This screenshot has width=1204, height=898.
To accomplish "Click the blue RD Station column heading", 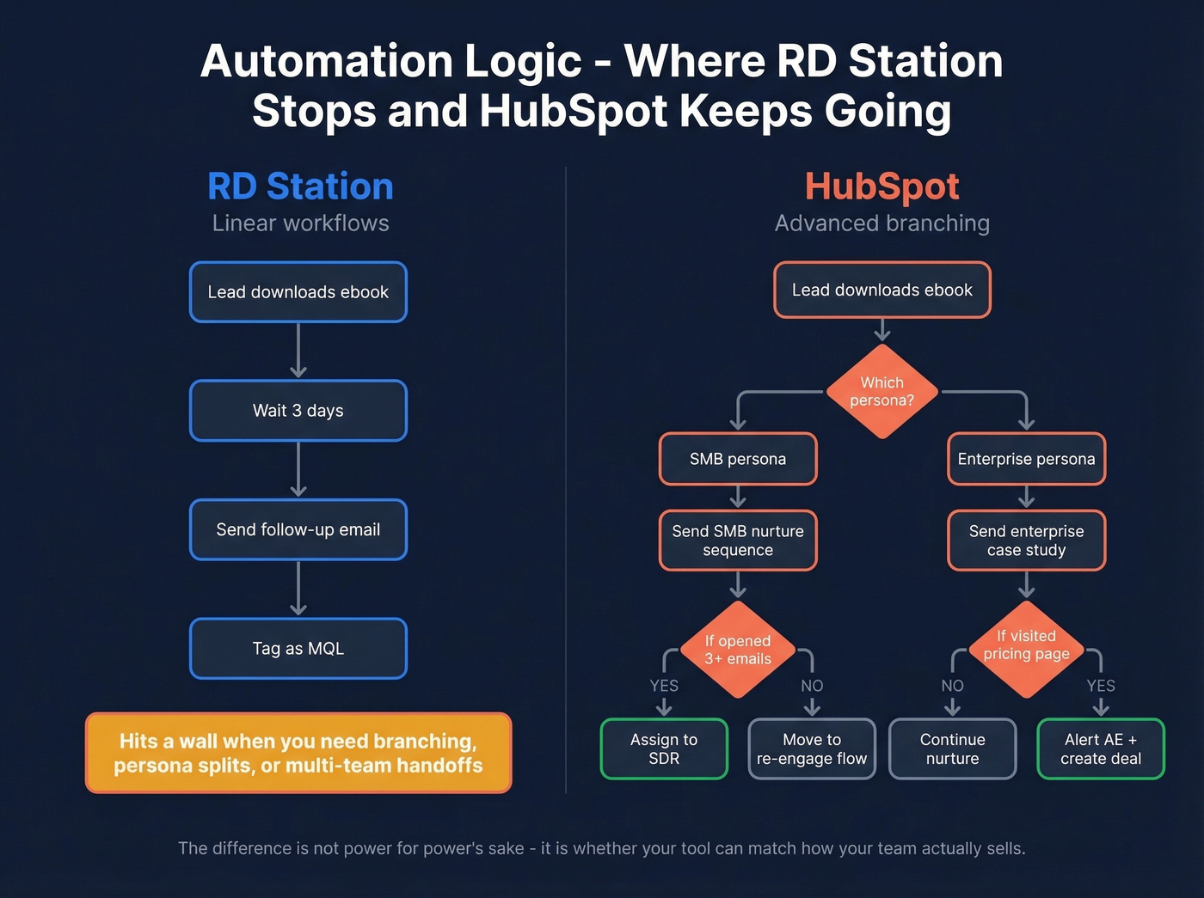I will (x=300, y=186).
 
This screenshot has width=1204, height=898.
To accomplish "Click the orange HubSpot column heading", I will (x=881, y=186).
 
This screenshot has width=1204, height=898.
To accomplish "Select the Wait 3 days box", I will (x=298, y=411).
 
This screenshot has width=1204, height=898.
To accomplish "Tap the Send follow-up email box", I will (x=298, y=529).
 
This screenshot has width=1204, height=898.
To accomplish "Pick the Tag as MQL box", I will (x=298, y=649).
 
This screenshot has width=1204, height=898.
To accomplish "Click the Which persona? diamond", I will (x=881, y=392).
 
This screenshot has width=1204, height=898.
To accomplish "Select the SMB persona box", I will (x=737, y=459).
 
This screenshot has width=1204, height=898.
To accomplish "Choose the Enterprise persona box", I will (x=1026, y=459).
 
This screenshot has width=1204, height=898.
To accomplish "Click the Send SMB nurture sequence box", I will (x=737, y=541).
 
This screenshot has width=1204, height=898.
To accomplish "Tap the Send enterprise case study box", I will (x=1026, y=541).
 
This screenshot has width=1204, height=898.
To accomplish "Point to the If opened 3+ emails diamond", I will (x=737, y=650).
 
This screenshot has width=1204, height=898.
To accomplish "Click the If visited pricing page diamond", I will (x=1026, y=645).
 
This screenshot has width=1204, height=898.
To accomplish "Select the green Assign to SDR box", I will (x=663, y=748).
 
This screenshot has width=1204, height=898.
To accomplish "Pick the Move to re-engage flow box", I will (x=811, y=748).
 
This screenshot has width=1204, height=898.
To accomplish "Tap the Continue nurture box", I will (x=952, y=748).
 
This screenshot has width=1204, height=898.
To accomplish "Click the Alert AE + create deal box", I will (x=1100, y=748).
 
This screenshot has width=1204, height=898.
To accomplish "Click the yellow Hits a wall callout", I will (x=298, y=753).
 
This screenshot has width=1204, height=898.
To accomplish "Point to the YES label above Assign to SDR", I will (x=663, y=686).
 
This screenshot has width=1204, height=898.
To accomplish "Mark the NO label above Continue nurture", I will (x=952, y=686).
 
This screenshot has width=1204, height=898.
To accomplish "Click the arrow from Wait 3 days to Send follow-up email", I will (x=298, y=469).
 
